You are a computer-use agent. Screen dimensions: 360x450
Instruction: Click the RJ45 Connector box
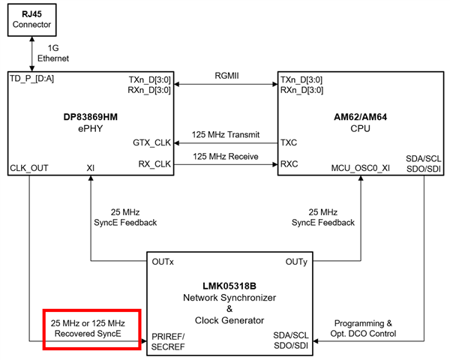pyautogui.click(x=34, y=20)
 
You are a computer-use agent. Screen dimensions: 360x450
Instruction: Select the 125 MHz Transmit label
pyautogui.click(x=225, y=135)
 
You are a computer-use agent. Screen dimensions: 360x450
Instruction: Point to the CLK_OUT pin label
pyautogui.click(x=28, y=167)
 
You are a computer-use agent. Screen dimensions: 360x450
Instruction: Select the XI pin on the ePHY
pyautogui.click(x=90, y=167)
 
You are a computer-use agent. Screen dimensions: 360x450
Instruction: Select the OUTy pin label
pyautogui.click(x=295, y=262)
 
